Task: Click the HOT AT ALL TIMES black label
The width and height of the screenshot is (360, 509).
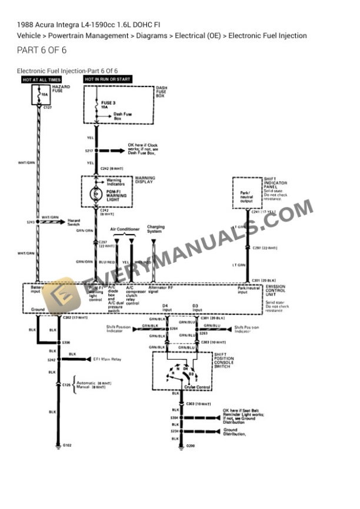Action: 41,79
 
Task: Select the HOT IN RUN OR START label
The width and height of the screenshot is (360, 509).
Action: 108,79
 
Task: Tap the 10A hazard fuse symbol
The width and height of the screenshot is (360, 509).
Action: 41,94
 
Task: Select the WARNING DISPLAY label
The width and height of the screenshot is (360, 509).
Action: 145,180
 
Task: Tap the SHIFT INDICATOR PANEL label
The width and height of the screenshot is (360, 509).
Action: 274,184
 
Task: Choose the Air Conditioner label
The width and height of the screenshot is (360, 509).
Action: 125,229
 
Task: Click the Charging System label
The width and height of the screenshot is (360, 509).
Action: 155,229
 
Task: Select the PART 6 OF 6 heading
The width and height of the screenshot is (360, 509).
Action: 42,50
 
